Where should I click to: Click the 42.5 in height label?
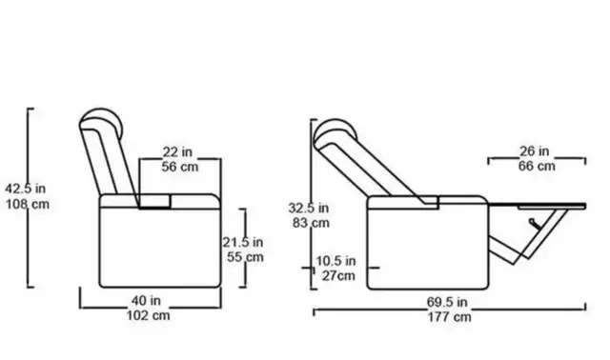(x=26, y=189)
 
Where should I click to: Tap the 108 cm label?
(x=28, y=204)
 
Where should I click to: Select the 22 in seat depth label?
(x=177, y=151)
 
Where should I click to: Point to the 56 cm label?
(x=180, y=167)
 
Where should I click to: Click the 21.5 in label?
(x=243, y=242)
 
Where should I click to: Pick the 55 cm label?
(x=245, y=257)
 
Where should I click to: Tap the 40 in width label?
(x=146, y=301)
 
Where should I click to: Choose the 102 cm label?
(x=149, y=315)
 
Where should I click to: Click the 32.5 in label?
(x=309, y=208)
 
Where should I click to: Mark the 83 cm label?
(x=311, y=223)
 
